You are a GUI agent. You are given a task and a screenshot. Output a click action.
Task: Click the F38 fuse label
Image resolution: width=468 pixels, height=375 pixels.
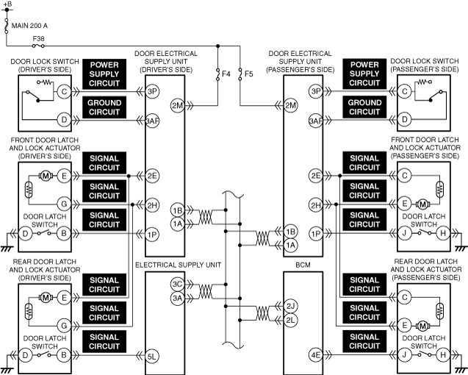point(38,38)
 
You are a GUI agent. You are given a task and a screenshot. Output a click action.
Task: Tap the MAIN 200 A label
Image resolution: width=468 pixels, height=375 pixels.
point(29,26)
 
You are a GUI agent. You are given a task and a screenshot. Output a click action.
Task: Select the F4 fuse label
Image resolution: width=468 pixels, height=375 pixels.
point(226,74)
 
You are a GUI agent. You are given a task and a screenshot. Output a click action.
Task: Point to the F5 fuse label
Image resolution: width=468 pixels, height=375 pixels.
point(248,74)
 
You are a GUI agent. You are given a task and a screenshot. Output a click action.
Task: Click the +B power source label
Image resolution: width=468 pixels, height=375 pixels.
point(8,4)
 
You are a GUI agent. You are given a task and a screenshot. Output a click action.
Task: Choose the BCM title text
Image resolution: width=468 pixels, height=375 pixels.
point(303,265)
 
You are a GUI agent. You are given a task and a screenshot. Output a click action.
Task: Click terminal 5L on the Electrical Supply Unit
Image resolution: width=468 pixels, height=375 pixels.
point(152,356)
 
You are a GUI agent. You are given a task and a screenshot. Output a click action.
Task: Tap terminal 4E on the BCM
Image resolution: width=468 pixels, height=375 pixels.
point(316,355)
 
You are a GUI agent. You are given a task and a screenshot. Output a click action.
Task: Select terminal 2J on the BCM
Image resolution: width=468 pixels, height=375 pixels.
point(290,307)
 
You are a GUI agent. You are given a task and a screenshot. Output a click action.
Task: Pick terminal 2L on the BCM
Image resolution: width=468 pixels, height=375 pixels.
point(290,321)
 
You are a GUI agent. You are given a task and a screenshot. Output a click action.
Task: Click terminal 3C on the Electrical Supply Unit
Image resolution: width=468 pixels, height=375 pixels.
point(177,284)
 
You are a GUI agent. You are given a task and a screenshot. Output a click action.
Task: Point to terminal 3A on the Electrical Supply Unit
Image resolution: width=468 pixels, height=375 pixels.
point(177,298)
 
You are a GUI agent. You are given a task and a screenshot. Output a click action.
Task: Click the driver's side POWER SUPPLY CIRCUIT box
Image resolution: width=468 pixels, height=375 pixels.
point(104,74)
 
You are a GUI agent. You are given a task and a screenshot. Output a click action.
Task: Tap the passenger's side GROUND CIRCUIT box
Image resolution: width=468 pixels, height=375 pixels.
point(364,107)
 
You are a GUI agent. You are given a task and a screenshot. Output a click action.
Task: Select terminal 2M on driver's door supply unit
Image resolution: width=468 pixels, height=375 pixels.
point(177,105)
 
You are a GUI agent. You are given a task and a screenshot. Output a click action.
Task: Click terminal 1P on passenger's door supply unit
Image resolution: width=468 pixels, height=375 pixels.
point(316,233)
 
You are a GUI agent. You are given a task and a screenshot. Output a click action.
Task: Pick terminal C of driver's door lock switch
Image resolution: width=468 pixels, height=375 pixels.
point(64,91)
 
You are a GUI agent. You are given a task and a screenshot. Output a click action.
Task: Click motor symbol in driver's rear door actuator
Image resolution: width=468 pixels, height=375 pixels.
point(46,298)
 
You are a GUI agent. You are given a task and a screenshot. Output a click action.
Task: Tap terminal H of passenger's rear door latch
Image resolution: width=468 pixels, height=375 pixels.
point(443,355)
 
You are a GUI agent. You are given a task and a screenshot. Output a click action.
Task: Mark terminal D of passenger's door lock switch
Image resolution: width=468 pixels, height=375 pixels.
point(405,120)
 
